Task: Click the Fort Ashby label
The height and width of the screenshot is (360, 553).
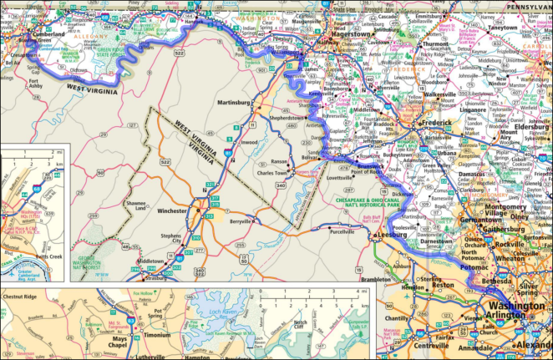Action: point(38,84)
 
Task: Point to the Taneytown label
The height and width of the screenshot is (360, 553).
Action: point(503,28)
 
